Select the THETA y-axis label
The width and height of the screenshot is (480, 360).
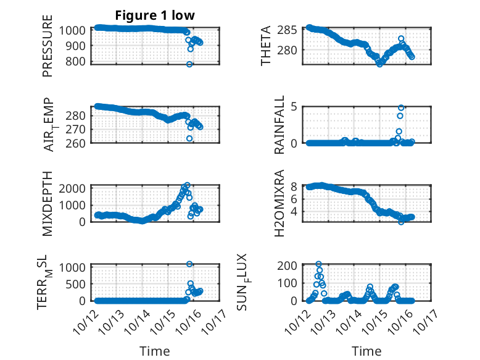pyautogui.click(x=266, y=46)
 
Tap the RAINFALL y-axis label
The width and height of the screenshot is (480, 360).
pyautogui.click(x=279, y=125)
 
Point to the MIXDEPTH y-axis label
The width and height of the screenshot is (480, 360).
pyautogui.click(x=48, y=203)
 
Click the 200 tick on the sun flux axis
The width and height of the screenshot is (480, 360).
pyautogui.click(x=292, y=266)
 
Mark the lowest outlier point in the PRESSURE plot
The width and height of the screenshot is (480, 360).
pyautogui.click(x=189, y=64)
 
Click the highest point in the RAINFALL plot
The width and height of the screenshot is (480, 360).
pyautogui.click(x=401, y=107)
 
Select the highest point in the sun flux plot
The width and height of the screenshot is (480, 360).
pyautogui.click(x=318, y=264)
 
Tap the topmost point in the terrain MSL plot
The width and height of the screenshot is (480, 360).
pyautogui.click(x=189, y=264)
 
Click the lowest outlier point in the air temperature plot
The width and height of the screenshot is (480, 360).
pyautogui.click(x=189, y=138)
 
